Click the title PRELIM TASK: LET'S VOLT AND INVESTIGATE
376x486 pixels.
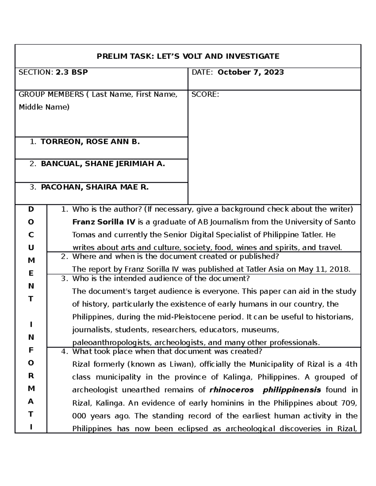(x=188, y=56)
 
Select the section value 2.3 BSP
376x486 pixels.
(x=72, y=72)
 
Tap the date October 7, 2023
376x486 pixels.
(x=251, y=72)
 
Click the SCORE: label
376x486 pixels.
(x=205, y=95)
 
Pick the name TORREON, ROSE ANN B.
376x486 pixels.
(x=90, y=142)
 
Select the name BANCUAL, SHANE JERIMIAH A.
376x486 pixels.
(x=102, y=164)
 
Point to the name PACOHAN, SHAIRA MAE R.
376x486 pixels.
(x=95, y=187)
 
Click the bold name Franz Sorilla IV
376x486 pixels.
(x=104, y=222)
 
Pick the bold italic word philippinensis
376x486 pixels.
(x=292, y=390)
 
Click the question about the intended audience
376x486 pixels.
(x=161, y=279)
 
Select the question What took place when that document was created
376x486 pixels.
(x=167, y=351)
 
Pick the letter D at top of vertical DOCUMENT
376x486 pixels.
(x=31, y=209)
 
